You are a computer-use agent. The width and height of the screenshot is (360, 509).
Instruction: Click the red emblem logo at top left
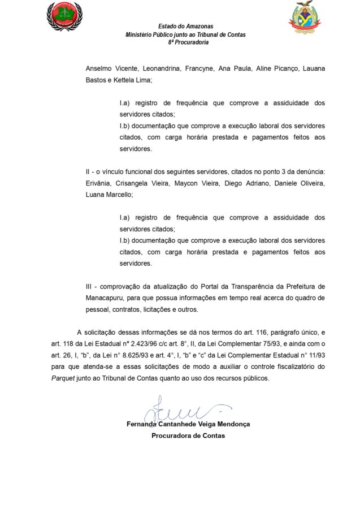[x=64, y=16]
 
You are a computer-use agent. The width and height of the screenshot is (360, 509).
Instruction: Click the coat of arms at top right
[x=305, y=18]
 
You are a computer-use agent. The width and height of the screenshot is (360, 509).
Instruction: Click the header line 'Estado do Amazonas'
[x=185, y=27]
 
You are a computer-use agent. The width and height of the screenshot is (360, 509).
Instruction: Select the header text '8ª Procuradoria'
[x=185, y=42]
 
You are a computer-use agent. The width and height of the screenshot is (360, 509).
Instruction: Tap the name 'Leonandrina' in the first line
[x=157, y=68]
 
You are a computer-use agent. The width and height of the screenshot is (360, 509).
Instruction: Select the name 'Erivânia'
[x=98, y=183]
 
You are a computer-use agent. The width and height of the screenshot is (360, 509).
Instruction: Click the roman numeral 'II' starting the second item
[x=88, y=171]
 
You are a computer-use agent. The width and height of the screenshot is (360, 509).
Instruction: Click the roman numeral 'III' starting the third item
[x=89, y=286]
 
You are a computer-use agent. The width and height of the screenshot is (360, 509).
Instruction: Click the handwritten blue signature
[x=180, y=408]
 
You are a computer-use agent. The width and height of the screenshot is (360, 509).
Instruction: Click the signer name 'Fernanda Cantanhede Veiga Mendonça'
[x=188, y=424]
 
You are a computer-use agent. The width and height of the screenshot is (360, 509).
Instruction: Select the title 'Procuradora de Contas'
[x=188, y=435]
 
